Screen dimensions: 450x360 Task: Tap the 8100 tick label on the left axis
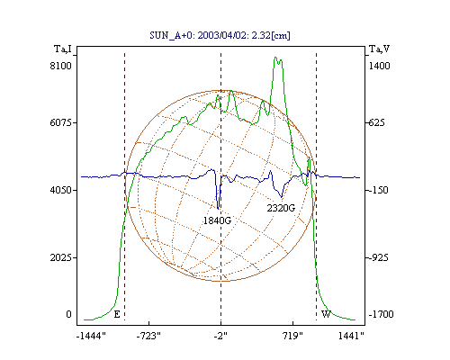[61, 66]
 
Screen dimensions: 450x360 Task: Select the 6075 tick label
[61, 122]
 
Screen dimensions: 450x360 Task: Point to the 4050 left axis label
[61, 190]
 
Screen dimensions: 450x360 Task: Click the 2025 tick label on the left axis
[61, 257]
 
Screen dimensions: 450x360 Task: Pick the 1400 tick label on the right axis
[379, 66]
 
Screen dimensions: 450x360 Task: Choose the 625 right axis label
[376, 122]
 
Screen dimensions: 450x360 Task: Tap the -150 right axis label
[378, 190]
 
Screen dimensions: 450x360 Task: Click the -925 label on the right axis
[378, 257]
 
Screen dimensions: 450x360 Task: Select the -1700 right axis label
[381, 314]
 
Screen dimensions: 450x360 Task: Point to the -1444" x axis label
[91, 336]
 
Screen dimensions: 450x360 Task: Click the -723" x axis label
[148, 336]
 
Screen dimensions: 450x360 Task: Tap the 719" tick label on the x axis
[292, 336]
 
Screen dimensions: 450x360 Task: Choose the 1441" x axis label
[351, 336]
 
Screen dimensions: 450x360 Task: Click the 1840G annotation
[217, 220]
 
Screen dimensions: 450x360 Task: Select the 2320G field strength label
[281, 208]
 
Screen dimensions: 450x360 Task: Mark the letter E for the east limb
[117, 314]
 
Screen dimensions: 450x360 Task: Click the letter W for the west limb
[326, 314]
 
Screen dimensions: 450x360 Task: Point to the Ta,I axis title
[63, 49]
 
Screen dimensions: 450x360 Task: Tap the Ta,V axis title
[380, 49]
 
